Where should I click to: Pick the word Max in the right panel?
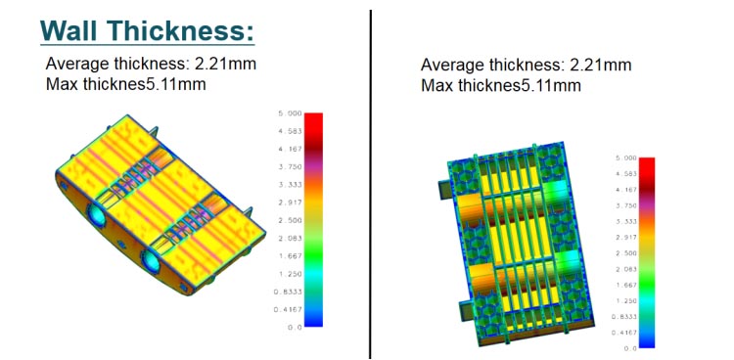point(437,85)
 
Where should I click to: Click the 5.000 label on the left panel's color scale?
point(291,113)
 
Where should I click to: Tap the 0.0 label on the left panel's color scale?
point(295,328)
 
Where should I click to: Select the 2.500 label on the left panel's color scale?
point(291,220)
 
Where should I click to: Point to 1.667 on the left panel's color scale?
point(291,256)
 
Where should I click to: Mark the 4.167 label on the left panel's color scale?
point(291,149)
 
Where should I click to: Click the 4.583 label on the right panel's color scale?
point(625,173)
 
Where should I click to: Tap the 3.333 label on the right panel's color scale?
point(625,221)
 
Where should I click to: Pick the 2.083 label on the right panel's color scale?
point(625,269)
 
